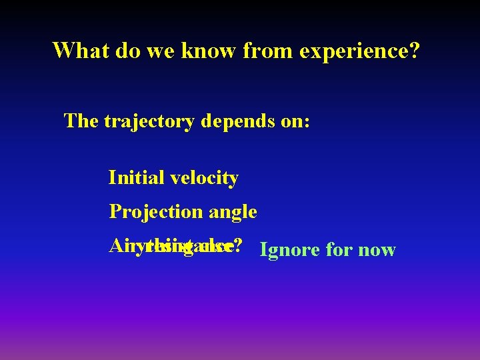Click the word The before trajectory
(81, 121)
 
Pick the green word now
(377, 251)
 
